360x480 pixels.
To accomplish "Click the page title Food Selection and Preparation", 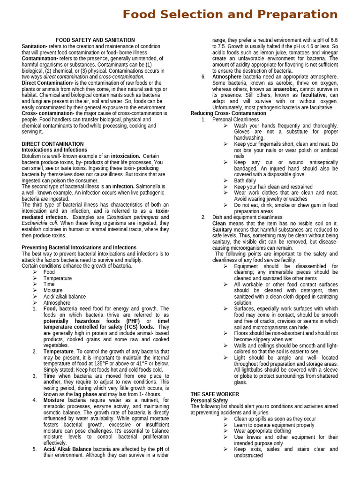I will pyautogui.click(x=230, y=15).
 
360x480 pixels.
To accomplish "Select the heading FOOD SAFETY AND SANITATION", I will pyautogui.click(x=95, y=40).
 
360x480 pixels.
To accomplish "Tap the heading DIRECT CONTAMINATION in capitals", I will pyautogui.click(x=52, y=144).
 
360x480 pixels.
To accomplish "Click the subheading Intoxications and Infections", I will pyautogui.click(x=54, y=150).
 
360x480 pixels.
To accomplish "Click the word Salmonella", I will pyautogui.click(x=150, y=187).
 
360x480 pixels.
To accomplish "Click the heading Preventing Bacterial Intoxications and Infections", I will pyautogui.click(x=79, y=247).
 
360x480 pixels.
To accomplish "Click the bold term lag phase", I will pyautogui.click(x=85, y=394).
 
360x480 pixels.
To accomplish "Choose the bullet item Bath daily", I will pyautogui.click(x=245, y=180).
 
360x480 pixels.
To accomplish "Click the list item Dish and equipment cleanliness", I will pyautogui.click(x=247, y=217).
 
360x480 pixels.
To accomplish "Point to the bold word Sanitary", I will pyautogui.click(x=222, y=230).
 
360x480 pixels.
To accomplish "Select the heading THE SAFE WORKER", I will pyautogui.click(x=214, y=394).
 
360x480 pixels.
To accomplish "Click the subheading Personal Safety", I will pyautogui.click(x=209, y=400).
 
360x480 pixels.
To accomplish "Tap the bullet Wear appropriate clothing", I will pyautogui.click(x=262, y=431).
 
